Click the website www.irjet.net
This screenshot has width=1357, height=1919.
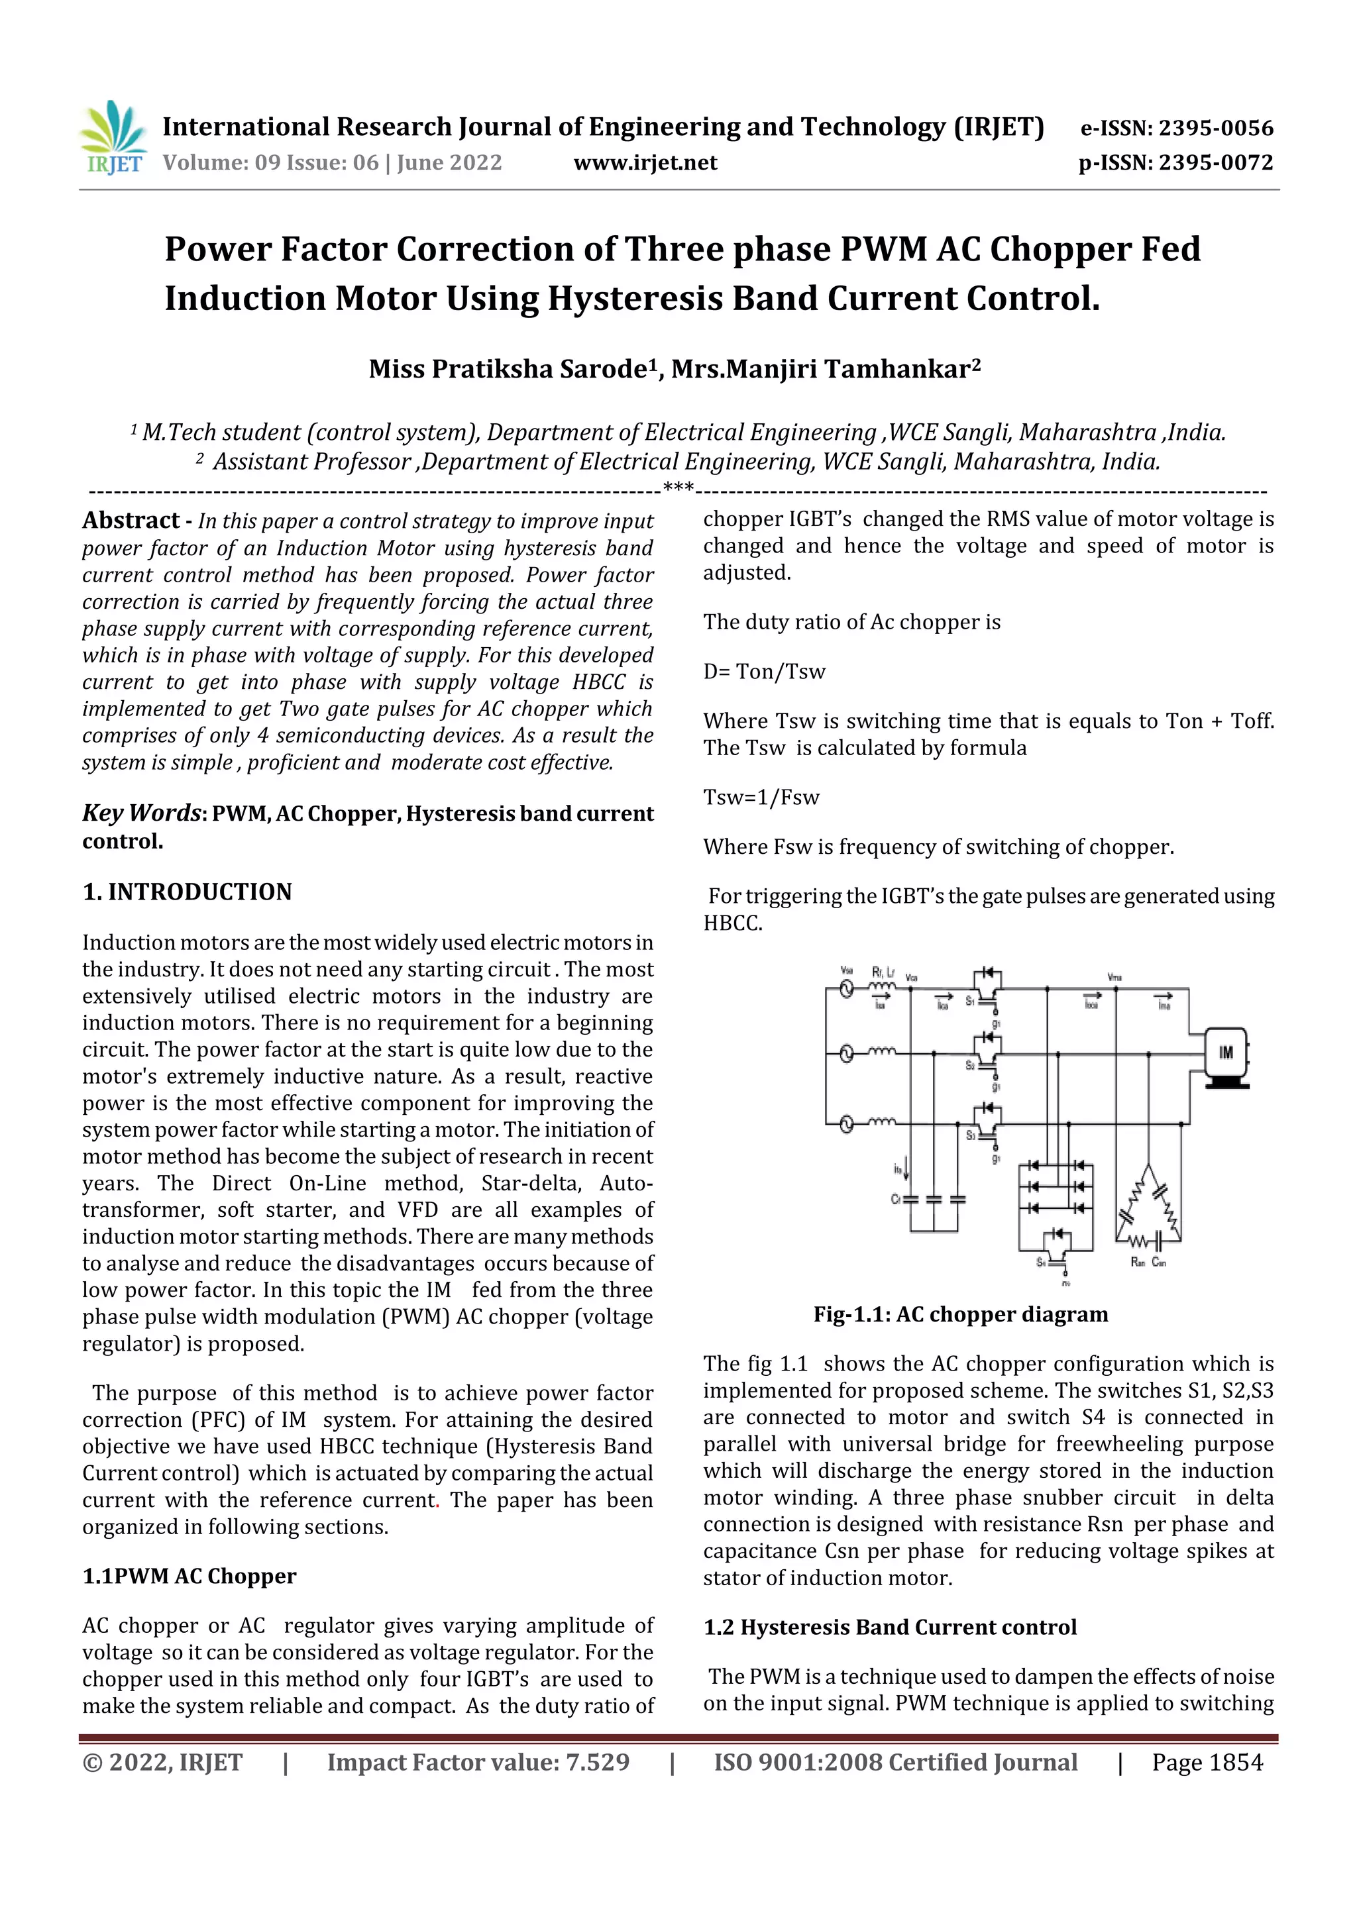coord(645,163)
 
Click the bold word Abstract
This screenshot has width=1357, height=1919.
coord(131,521)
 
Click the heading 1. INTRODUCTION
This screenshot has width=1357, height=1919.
coord(188,892)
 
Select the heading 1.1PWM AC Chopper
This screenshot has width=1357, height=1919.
coord(189,1577)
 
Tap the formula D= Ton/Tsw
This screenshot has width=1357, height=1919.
coord(763,672)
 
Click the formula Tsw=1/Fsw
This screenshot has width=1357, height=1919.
coord(761,798)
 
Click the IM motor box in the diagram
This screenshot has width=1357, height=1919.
coord(1225,1053)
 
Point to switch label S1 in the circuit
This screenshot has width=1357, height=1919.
coord(971,1000)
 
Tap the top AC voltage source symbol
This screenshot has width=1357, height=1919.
coord(847,990)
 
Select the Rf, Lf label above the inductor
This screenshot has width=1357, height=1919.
coord(883,972)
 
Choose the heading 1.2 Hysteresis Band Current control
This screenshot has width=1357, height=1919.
coord(890,1628)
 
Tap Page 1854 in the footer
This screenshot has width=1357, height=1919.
coord(1207,1763)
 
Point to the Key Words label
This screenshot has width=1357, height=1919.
coord(141,813)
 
